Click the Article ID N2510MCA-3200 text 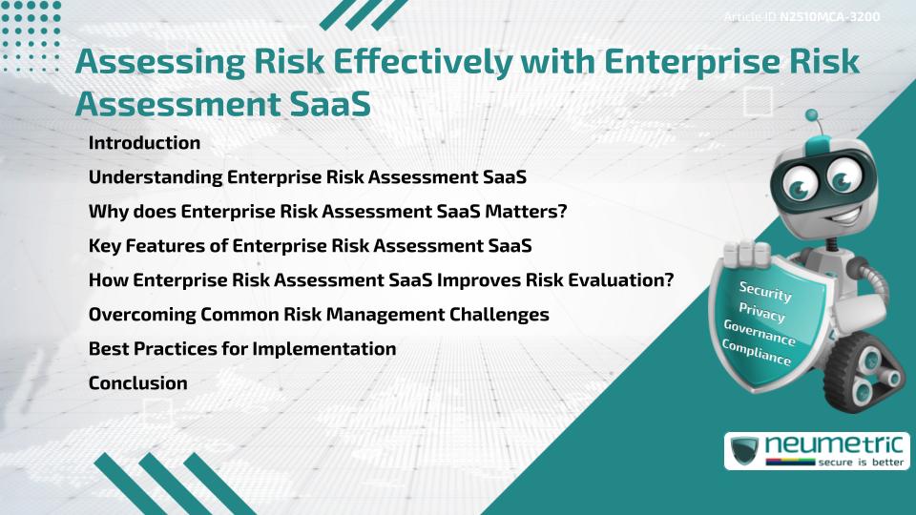tap(801, 17)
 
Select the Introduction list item tap(144, 143)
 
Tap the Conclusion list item tap(137, 383)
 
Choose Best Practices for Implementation tap(241, 349)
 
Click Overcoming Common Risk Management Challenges tap(318, 315)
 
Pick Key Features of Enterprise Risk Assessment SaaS tap(309, 246)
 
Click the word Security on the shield tap(765, 291)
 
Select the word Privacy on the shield tap(761, 312)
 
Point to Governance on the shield tap(760, 333)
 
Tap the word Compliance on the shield tap(757, 353)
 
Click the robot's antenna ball tap(813, 115)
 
